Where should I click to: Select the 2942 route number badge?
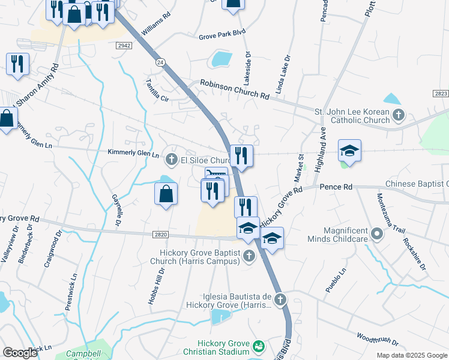[124, 46]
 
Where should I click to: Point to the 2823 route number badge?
[440, 94]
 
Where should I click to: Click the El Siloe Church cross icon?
[171, 160]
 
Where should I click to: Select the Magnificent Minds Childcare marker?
[377, 233]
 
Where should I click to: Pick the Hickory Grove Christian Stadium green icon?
[259, 346]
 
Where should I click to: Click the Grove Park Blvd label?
[222, 37]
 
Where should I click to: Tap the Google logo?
[20, 353]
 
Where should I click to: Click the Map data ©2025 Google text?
[411, 355]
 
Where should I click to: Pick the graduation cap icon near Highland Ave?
[349, 150]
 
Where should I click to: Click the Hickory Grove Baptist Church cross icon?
[249, 256]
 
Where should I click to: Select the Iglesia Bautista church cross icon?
[280, 298]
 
